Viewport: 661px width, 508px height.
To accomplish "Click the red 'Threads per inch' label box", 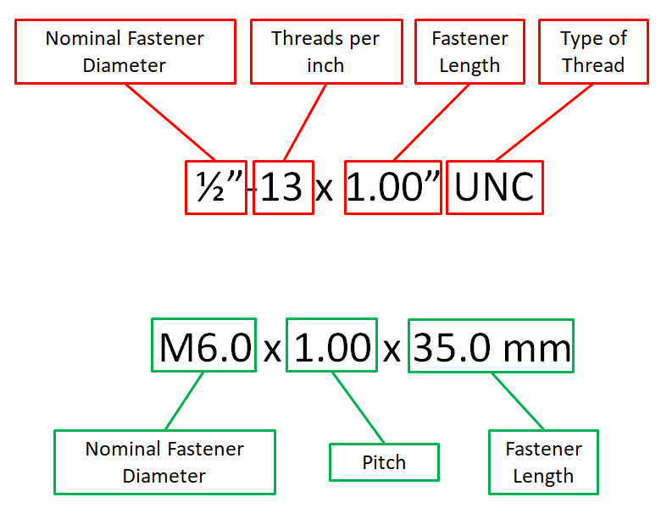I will click(325, 52).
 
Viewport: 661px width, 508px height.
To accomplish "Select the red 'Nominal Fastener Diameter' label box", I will click(125, 52).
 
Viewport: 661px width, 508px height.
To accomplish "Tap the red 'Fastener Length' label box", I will click(469, 52).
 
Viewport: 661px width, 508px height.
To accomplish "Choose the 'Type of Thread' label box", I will click(592, 52).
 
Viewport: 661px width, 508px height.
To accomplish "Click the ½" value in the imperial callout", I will click(215, 186).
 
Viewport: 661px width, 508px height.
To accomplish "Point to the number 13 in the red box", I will click(283, 186).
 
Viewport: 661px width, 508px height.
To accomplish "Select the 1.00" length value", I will click(393, 186).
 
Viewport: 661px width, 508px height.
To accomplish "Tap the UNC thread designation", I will click(494, 186).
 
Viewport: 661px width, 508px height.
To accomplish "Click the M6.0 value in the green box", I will click(203, 345).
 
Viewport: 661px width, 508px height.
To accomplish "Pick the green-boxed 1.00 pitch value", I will click(331, 345).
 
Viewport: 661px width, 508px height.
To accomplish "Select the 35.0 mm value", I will click(492, 345).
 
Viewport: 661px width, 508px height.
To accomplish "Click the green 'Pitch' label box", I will click(384, 462).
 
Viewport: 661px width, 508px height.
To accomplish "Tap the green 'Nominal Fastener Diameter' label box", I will click(164, 462).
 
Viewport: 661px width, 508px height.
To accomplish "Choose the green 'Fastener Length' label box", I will click(543, 462).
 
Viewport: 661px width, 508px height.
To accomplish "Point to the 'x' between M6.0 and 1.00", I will click(271, 349).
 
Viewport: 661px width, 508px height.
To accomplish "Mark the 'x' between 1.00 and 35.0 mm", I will click(392, 349).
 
